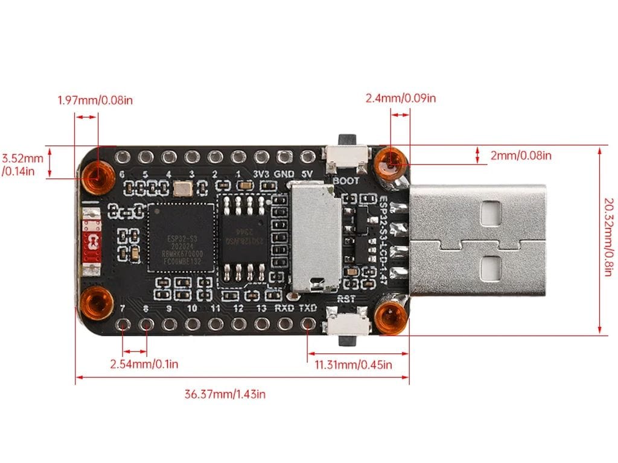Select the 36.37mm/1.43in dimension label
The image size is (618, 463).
pyautogui.click(x=225, y=394)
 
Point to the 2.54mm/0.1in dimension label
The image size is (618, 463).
pyautogui.click(x=144, y=364)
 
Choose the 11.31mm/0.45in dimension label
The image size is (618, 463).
pyautogui.click(x=354, y=364)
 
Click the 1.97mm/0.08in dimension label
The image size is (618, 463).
pyautogui.click(x=95, y=100)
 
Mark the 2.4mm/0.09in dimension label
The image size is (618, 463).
pyautogui.click(x=401, y=98)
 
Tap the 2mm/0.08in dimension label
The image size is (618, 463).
pyautogui.click(x=521, y=156)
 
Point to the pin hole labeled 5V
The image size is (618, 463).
pyautogui.click(x=307, y=157)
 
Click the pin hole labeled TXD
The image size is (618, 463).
pyautogui.click(x=308, y=324)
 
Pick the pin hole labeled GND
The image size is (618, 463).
pyautogui.click(x=284, y=157)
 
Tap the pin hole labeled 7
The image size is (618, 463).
pyautogui.click(x=123, y=324)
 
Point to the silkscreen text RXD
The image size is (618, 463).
pyautogui.click(x=284, y=308)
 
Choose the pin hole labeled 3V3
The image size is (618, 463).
pyautogui.click(x=261, y=157)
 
